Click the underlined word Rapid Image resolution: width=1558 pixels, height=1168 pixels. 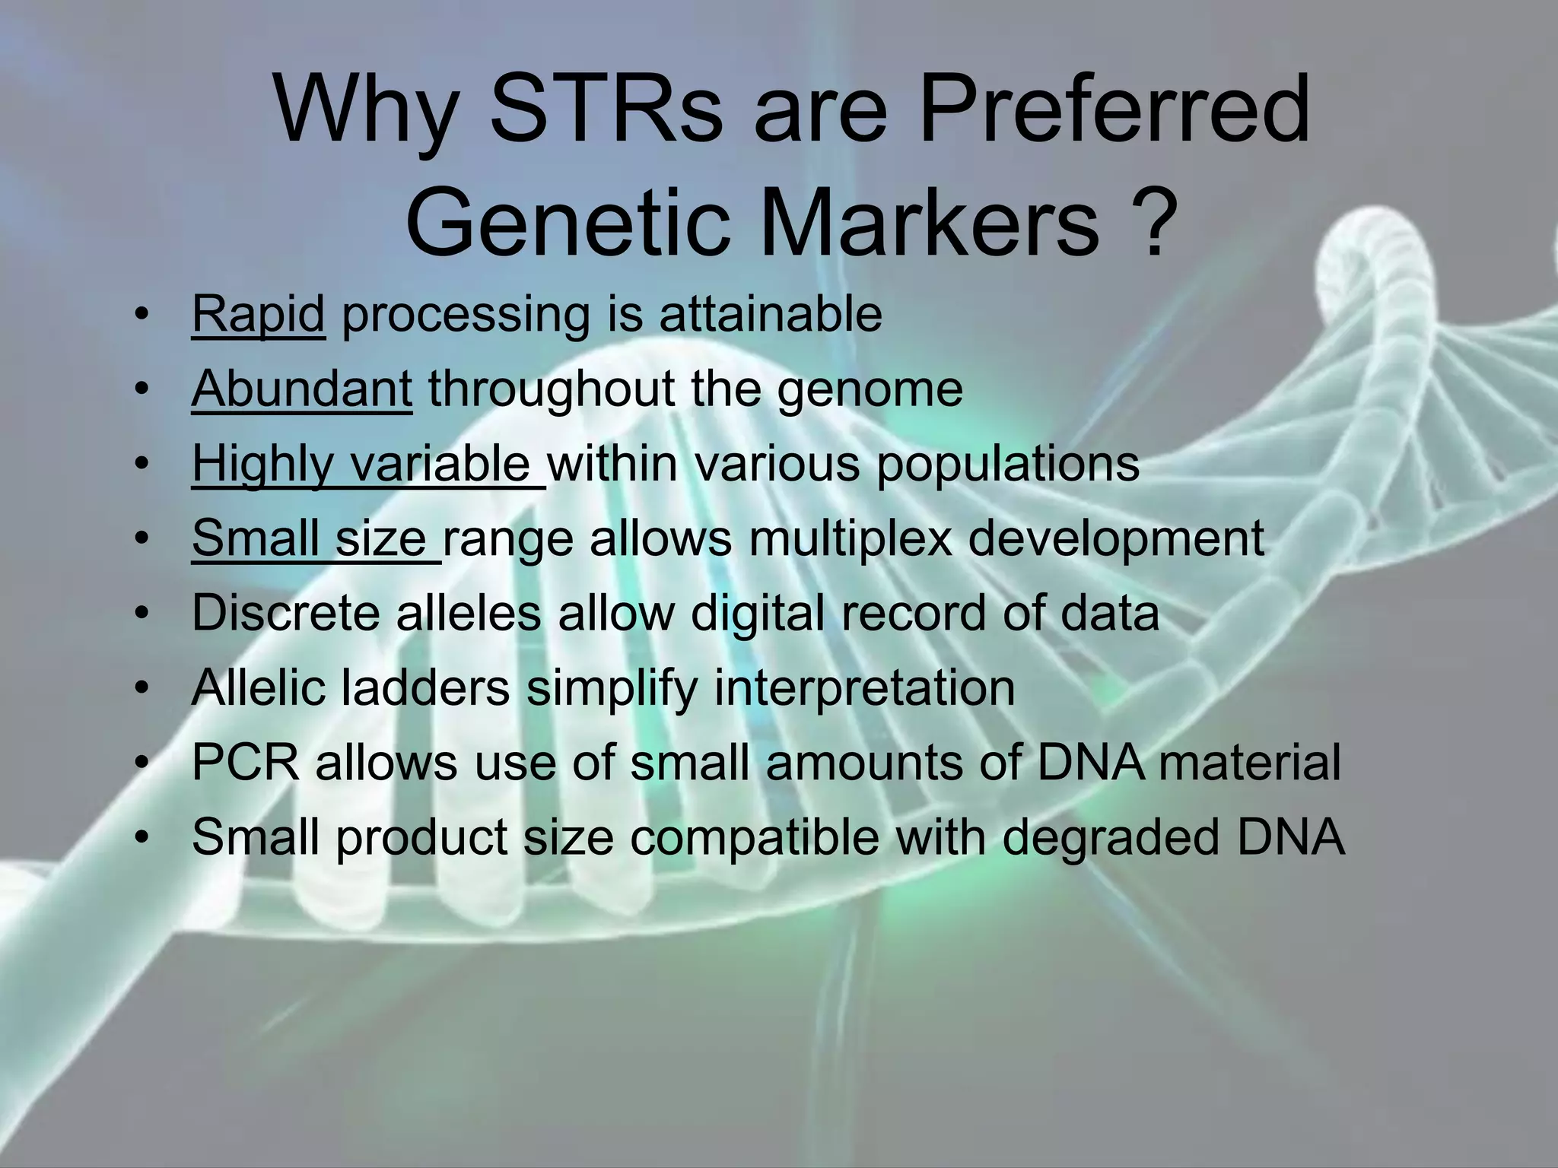pos(258,314)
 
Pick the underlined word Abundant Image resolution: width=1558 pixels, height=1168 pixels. pos(301,389)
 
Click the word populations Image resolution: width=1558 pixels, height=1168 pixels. pos(1007,465)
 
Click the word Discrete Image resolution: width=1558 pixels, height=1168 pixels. pos(285,612)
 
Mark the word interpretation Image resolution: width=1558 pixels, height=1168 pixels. pos(864,688)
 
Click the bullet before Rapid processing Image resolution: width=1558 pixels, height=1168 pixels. pos(140,316)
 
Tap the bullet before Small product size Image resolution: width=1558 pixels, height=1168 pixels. pos(140,837)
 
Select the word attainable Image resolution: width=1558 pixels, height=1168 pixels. pos(770,314)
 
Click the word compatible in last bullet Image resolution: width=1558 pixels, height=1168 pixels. pos(753,837)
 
